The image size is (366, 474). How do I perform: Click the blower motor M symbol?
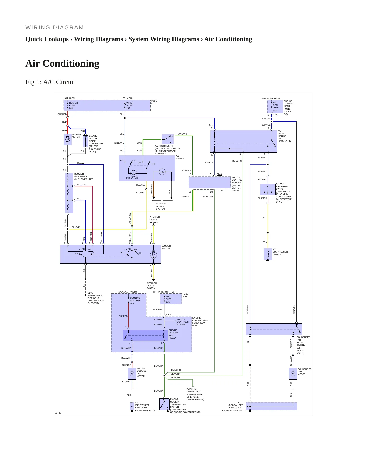[68, 139]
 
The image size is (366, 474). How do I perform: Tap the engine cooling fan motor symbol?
[132, 374]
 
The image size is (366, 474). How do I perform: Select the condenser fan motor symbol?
[293, 374]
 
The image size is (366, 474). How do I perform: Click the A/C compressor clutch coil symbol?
[268, 254]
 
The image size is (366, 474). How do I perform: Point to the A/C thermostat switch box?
[168, 139]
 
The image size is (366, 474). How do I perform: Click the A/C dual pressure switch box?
[268, 190]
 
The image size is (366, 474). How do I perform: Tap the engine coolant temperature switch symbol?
[164, 404]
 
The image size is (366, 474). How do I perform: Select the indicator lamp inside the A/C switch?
[134, 173]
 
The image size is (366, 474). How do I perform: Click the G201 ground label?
[90, 293]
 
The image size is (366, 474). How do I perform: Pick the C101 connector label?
[276, 115]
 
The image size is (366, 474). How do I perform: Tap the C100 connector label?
[169, 314]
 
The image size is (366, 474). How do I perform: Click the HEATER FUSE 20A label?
[73, 106]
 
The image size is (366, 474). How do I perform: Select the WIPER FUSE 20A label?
[130, 106]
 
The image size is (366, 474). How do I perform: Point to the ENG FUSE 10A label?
[168, 299]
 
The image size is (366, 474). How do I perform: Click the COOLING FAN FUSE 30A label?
[135, 301]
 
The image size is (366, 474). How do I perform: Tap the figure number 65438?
[58, 413]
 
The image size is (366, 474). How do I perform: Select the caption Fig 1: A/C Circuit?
[50, 82]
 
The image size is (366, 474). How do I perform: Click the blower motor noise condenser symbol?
[85, 141]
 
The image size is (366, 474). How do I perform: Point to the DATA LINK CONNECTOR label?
[192, 390]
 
